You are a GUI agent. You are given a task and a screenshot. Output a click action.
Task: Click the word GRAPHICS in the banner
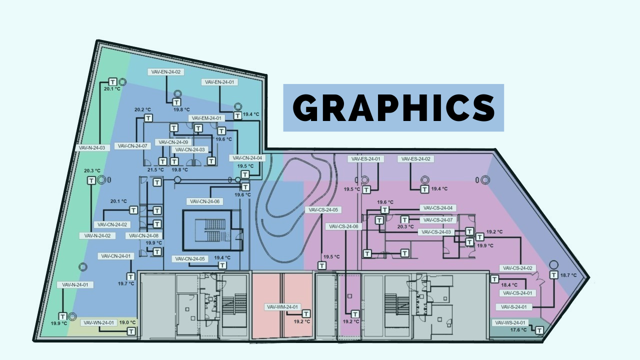393,107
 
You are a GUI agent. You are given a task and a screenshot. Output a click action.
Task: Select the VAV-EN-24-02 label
166,72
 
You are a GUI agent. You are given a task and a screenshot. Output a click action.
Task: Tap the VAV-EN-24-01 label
220,82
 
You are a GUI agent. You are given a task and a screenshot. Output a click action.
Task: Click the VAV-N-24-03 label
91,148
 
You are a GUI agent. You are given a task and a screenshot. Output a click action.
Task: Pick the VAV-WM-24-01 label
282,307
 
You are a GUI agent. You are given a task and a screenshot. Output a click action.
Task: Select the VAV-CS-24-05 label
323,210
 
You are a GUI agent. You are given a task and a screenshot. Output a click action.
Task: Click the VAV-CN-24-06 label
204,201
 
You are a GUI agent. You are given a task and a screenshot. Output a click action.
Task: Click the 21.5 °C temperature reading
155,170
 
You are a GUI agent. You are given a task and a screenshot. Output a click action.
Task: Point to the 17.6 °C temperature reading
518,330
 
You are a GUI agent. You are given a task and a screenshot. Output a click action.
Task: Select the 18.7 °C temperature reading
568,275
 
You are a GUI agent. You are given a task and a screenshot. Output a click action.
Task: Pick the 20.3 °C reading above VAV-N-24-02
92,170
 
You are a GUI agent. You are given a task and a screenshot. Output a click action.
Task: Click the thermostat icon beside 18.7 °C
553,275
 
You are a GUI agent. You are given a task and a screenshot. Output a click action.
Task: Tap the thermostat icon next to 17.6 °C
539,330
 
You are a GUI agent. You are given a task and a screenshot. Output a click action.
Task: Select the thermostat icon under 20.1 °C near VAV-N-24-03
113,82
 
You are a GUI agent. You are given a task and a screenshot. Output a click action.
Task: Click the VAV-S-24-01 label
514,307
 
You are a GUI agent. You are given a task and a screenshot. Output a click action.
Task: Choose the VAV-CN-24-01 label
116,256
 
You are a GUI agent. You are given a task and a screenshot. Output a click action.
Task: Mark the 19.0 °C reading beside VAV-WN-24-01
127,323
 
